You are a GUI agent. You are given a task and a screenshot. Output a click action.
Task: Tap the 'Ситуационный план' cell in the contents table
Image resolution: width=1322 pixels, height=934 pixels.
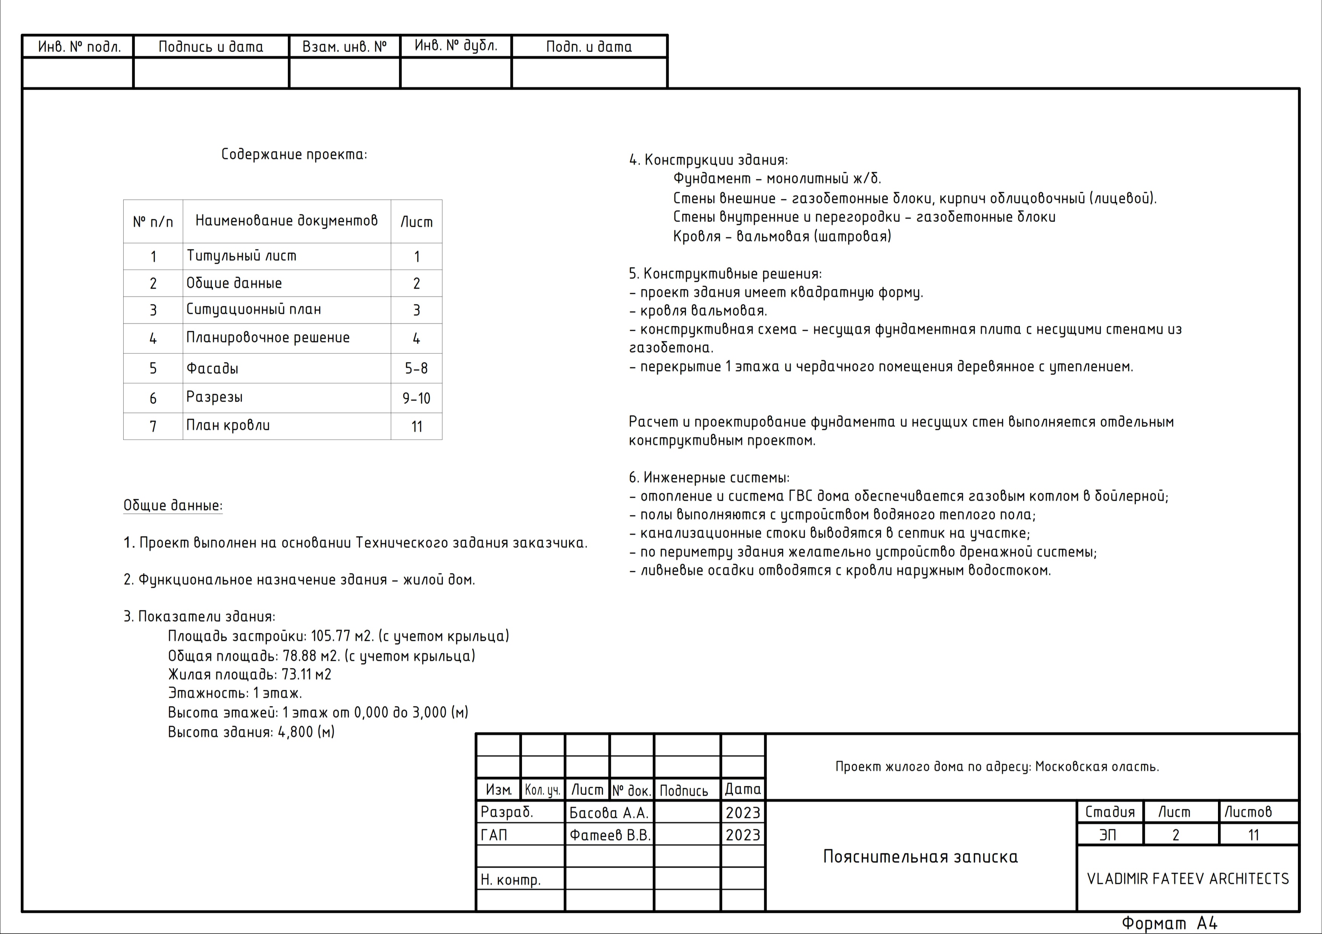pos(253,310)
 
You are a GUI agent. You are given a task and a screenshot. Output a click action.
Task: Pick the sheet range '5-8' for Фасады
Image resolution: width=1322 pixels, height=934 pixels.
pos(416,368)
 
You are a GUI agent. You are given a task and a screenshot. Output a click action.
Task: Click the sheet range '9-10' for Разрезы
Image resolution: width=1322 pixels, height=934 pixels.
pos(416,398)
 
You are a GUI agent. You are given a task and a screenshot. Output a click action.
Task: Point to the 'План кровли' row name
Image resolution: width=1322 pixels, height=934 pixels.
pos(228,426)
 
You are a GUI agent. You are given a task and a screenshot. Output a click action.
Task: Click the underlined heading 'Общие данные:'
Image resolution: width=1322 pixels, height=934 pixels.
pos(173,505)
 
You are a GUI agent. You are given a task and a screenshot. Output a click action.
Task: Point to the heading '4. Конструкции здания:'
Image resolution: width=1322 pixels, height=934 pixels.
pos(708,160)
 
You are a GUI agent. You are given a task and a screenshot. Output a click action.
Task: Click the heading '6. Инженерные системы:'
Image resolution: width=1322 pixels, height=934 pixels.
pos(709,478)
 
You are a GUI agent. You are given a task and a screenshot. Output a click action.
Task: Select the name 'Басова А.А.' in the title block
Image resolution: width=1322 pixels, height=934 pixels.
pos(609,813)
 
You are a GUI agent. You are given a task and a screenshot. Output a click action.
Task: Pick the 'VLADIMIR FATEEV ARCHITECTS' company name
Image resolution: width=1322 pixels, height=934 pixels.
pos(1188,879)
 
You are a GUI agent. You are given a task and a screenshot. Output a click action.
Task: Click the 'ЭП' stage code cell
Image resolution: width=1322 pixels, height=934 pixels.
pos(1108,835)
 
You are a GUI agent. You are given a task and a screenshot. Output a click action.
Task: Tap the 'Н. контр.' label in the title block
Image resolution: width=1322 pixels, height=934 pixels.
pos(511,879)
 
